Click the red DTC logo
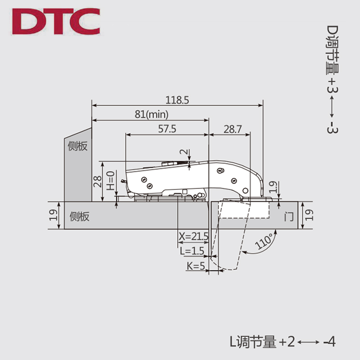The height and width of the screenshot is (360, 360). [x=56, y=21]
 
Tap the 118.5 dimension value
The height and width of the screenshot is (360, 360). [x=177, y=100]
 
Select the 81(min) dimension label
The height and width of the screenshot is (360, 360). [x=152, y=114]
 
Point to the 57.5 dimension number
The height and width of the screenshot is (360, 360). [x=167, y=129]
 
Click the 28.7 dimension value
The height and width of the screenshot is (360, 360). [x=233, y=129]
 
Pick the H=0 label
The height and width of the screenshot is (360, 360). [x=111, y=181]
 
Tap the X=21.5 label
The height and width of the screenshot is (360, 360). [x=193, y=236]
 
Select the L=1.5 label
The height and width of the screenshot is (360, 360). [x=192, y=251]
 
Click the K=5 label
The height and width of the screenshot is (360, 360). [x=196, y=266]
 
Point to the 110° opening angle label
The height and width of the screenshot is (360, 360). [x=264, y=241]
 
